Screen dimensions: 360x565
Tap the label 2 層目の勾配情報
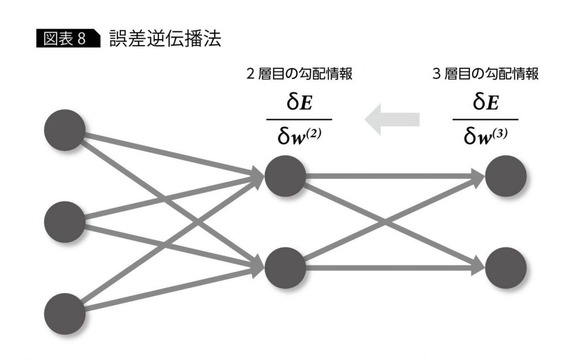[x=299, y=75]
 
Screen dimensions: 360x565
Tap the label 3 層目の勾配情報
[x=486, y=75]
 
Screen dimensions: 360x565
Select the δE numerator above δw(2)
[x=299, y=103]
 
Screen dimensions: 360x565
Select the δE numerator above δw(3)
[x=486, y=103]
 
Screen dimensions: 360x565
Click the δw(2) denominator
[x=299, y=136]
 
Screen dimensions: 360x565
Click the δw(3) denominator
[x=486, y=136]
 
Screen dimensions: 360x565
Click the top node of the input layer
[x=65, y=130]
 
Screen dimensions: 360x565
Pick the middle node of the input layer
[x=65, y=222]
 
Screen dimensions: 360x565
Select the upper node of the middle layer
[x=285, y=176]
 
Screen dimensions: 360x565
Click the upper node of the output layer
[x=506, y=176]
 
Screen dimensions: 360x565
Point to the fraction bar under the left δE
[x=299, y=119]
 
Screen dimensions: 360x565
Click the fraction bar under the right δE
[x=486, y=119]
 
